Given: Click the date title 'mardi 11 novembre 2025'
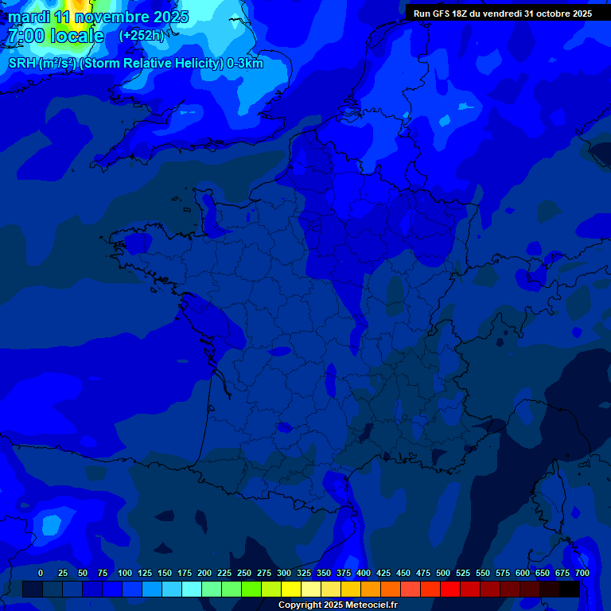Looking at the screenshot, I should [x=99, y=17].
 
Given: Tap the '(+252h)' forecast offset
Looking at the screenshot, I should [x=141, y=35].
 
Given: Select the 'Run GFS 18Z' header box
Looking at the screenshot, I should [x=502, y=13].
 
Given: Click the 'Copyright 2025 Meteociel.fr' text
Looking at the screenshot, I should [x=337, y=605].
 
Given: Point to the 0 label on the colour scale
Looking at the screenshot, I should [x=41, y=573].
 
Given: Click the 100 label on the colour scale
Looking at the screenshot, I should [x=125, y=573].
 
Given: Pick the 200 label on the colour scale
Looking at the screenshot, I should [x=204, y=573].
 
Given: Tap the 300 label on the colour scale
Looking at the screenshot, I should [x=284, y=573].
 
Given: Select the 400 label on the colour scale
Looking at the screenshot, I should [x=364, y=573].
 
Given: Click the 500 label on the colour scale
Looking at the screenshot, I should [x=443, y=573].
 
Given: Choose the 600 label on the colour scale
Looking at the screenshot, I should [x=523, y=573].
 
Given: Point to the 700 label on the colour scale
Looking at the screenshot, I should [x=582, y=573].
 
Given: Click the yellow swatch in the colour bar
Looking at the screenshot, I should [x=291, y=589].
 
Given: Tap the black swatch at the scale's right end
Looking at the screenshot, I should [x=570, y=589].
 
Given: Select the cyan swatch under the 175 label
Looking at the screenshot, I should [x=192, y=589].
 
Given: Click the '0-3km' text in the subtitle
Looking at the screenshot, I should [x=245, y=64].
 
